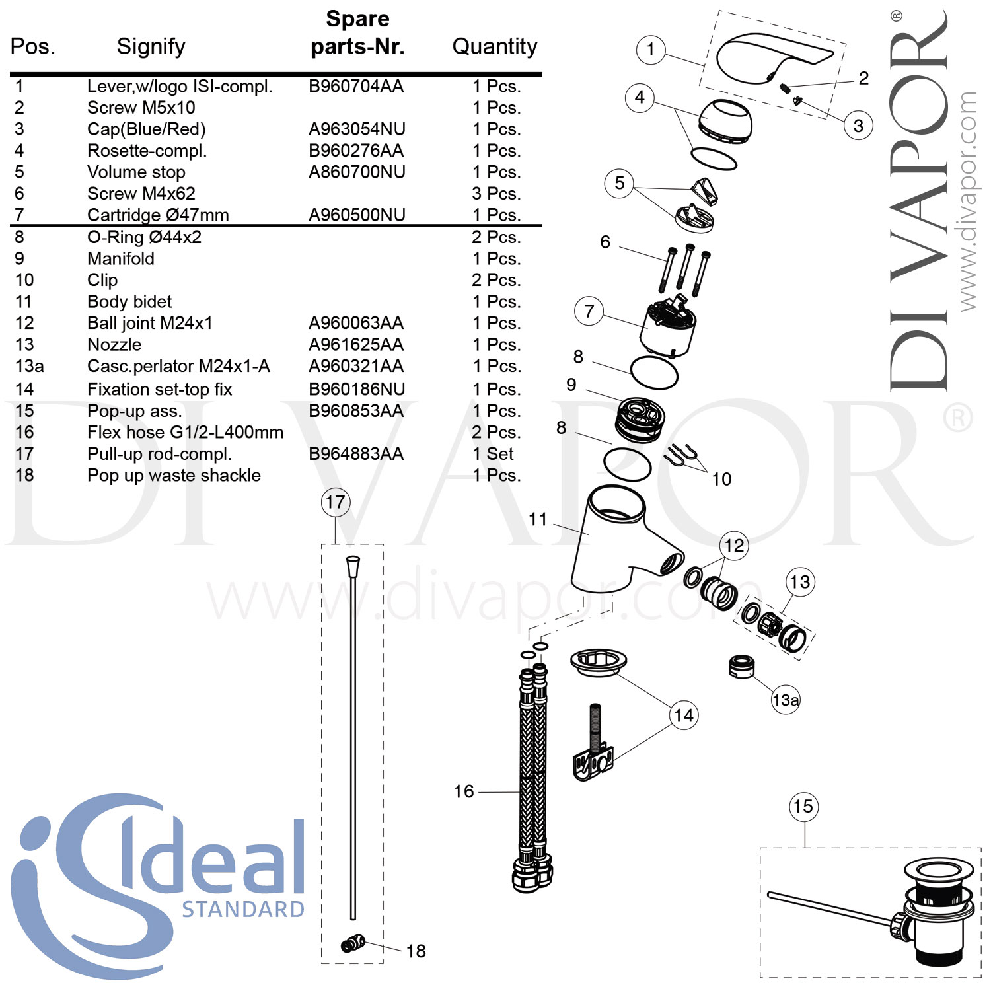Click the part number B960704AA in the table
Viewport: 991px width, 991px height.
pyautogui.click(x=356, y=87)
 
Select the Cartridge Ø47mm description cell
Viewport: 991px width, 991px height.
pyautogui.click(x=158, y=215)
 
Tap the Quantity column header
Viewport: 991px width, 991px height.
pyautogui.click(x=494, y=46)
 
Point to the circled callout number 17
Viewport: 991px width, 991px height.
pyautogui.click(x=335, y=502)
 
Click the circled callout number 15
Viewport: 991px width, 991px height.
pyautogui.click(x=803, y=807)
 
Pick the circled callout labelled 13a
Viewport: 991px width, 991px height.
pyautogui.click(x=786, y=700)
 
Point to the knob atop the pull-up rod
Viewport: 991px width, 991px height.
pyautogui.click(x=353, y=566)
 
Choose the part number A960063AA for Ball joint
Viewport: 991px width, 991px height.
pyautogui.click(x=356, y=323)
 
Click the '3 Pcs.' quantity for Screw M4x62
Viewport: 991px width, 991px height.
pyautogui.click(x=496, y=194)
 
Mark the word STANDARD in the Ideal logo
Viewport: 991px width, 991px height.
pyautogui.click(x=243, y=910)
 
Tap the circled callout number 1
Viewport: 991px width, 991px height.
pyautogui.click(x=651, y=50)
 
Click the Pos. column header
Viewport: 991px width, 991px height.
pyautogui.click(x=32, y=46)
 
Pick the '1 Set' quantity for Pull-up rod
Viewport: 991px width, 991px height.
pyautogui.click(x=493, y=454)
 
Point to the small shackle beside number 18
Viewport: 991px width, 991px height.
pyautogui.click(x=353, y=943)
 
